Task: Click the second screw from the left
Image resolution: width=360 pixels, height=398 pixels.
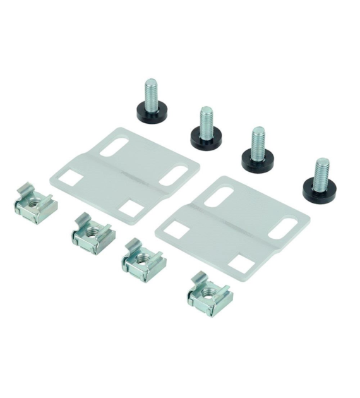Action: click(205, 126)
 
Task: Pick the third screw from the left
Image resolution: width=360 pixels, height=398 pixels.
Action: click(258, 149)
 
